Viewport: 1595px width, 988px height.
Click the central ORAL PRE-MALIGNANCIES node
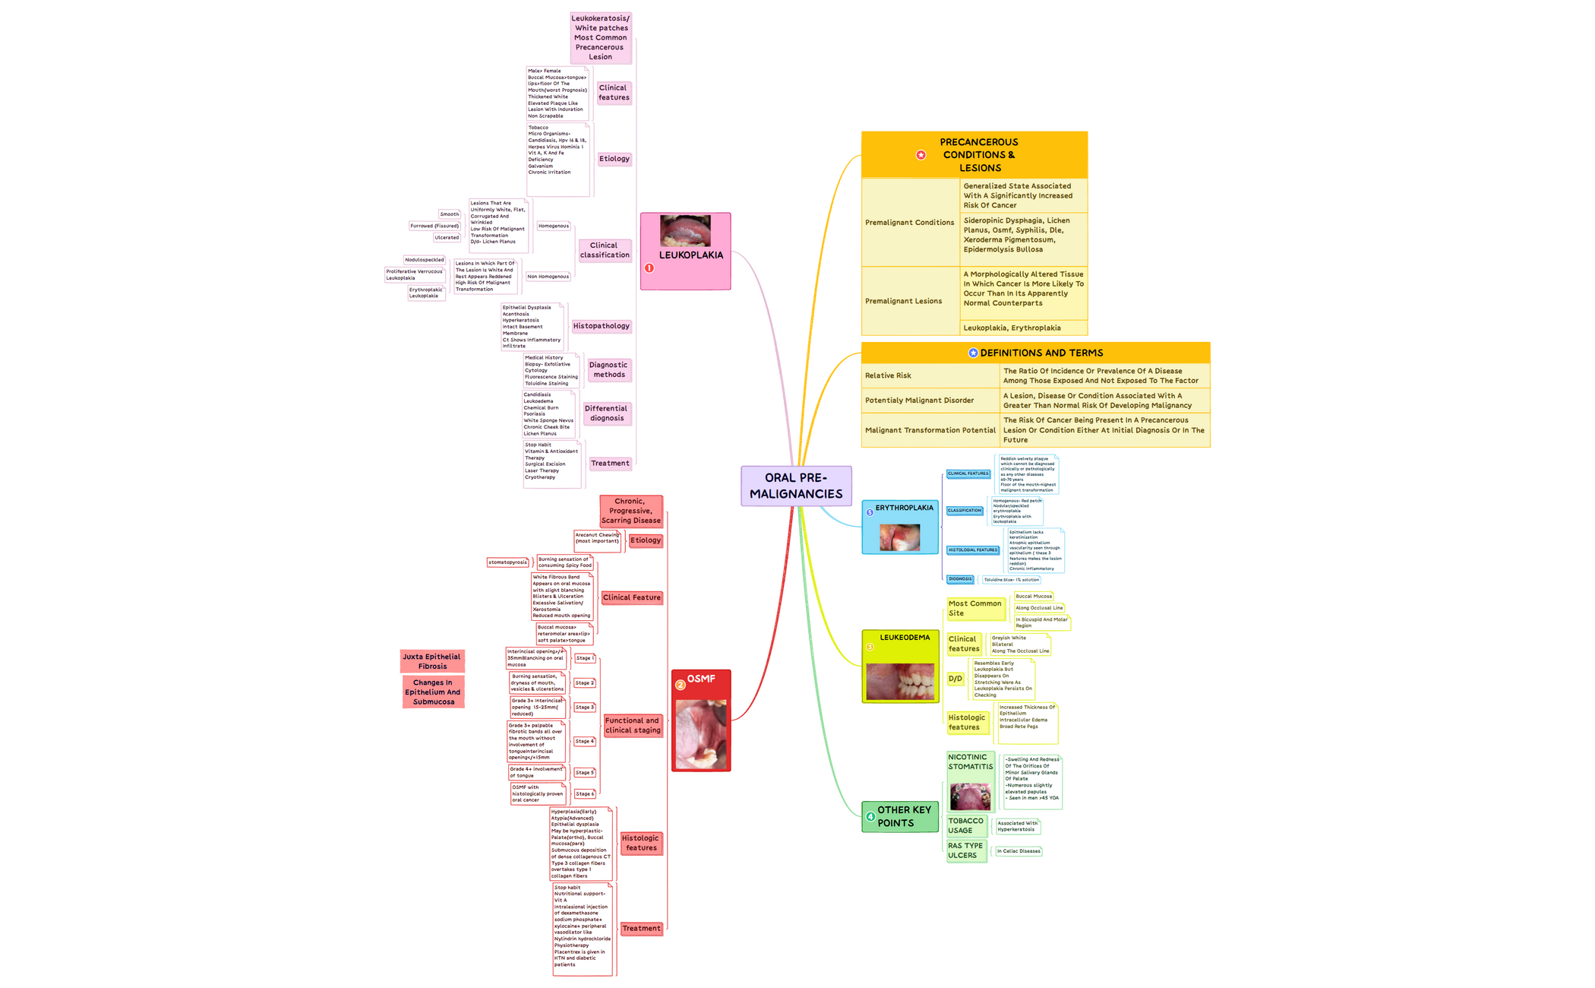pyautogui.click(x=796, y=486)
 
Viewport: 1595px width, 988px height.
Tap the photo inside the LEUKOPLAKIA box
pyautogui.click(x=685, y=230)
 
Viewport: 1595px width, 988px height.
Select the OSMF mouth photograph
pyautogui.click(x=700, y=734)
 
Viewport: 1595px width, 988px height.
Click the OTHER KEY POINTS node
pyautogui.click(x=901, y=816)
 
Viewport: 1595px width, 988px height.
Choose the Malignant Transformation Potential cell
pyautogui.click(x=930, y=430)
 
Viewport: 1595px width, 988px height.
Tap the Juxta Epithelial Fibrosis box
pyautogui.click(x=431, y=661)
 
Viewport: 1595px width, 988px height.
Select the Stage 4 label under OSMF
pyautogui.click(x=584, y=741)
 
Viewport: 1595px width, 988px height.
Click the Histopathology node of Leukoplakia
pyautogui.click(x=601, y=326)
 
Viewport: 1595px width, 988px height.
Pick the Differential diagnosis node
pyautogui.click(x=607, y=413)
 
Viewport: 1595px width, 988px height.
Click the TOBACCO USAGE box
pyautogui.click(x=965, y=825)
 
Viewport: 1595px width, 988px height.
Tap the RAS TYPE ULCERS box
pyautogui.click(x=965, y=850)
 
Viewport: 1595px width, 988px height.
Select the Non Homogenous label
pyautogui.click(x=548, y=277)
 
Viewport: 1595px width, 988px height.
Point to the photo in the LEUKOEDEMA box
pyautogui.click(x=900, y=682)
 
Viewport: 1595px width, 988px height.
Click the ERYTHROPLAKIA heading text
pyautogui.click(x=904, y=508)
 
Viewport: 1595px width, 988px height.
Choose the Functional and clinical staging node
pyautogui.click(x=632, y=725)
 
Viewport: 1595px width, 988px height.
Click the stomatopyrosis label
pyautogui.click(x=507, y=562)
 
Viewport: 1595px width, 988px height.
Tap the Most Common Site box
pyautogui.click(x=975, y=608)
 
